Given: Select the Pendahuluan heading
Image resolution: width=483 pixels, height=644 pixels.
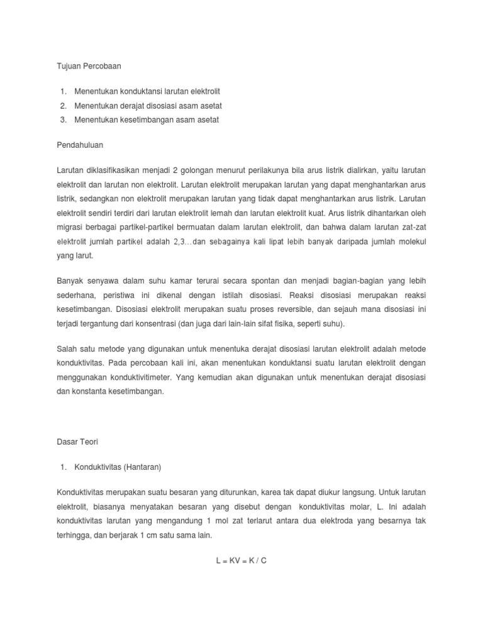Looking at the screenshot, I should (x=80, y=145).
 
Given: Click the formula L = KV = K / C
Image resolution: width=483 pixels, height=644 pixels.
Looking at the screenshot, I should (x=241, y=560).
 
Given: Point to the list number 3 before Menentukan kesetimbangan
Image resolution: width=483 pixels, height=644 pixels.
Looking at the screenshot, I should (x=64, y=119).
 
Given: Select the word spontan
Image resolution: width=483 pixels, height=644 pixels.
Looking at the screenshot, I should (x=258, y=279).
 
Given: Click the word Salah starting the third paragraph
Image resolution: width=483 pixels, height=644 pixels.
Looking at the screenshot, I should (x=67, y=348).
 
